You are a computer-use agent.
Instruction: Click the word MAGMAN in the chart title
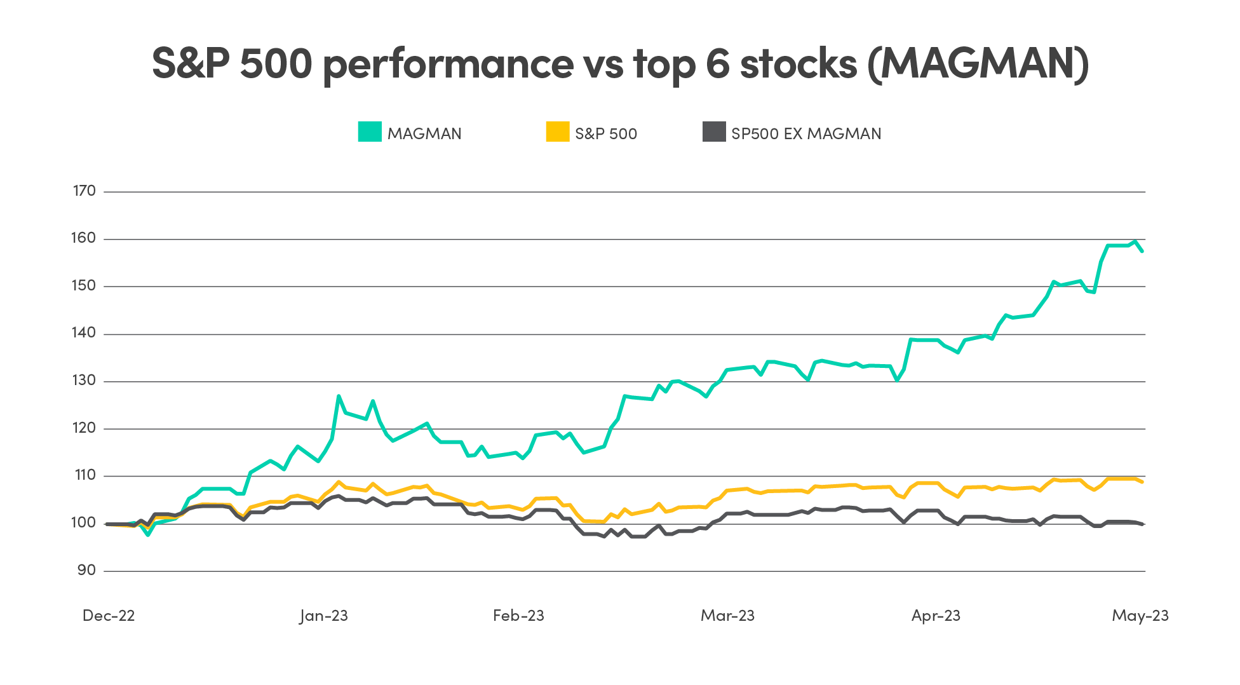coord(978,64)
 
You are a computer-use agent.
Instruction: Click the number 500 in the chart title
coord(276,64)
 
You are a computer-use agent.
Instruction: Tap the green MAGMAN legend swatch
coord(369,132)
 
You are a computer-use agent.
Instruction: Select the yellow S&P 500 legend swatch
coord(557,132)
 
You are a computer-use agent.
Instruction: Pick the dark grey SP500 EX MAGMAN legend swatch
coord(714,132)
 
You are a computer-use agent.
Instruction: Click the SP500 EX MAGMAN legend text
coord(805,133)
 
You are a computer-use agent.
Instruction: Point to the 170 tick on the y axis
coord(84,191)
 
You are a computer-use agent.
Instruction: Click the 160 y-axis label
coord(84,238)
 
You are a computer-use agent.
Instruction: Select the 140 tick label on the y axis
coord(84,333)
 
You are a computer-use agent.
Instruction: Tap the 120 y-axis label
coord(84,428)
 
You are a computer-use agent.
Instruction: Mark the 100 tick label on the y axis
coord(84,523)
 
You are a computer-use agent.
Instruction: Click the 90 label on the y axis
coord(86,570)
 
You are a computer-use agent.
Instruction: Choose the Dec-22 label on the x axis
coord(109,615)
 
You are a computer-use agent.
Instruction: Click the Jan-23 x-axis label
coord(324,615)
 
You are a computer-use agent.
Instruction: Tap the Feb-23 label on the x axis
coord(518,615)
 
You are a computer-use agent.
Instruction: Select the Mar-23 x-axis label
coord(727,615)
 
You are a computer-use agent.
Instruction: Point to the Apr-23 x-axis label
coord(936,615)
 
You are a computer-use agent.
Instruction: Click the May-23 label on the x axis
coord(1140,615)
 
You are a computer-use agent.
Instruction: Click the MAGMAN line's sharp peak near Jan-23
coord(339,396)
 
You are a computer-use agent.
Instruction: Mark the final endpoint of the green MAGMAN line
coord(1142,252)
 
